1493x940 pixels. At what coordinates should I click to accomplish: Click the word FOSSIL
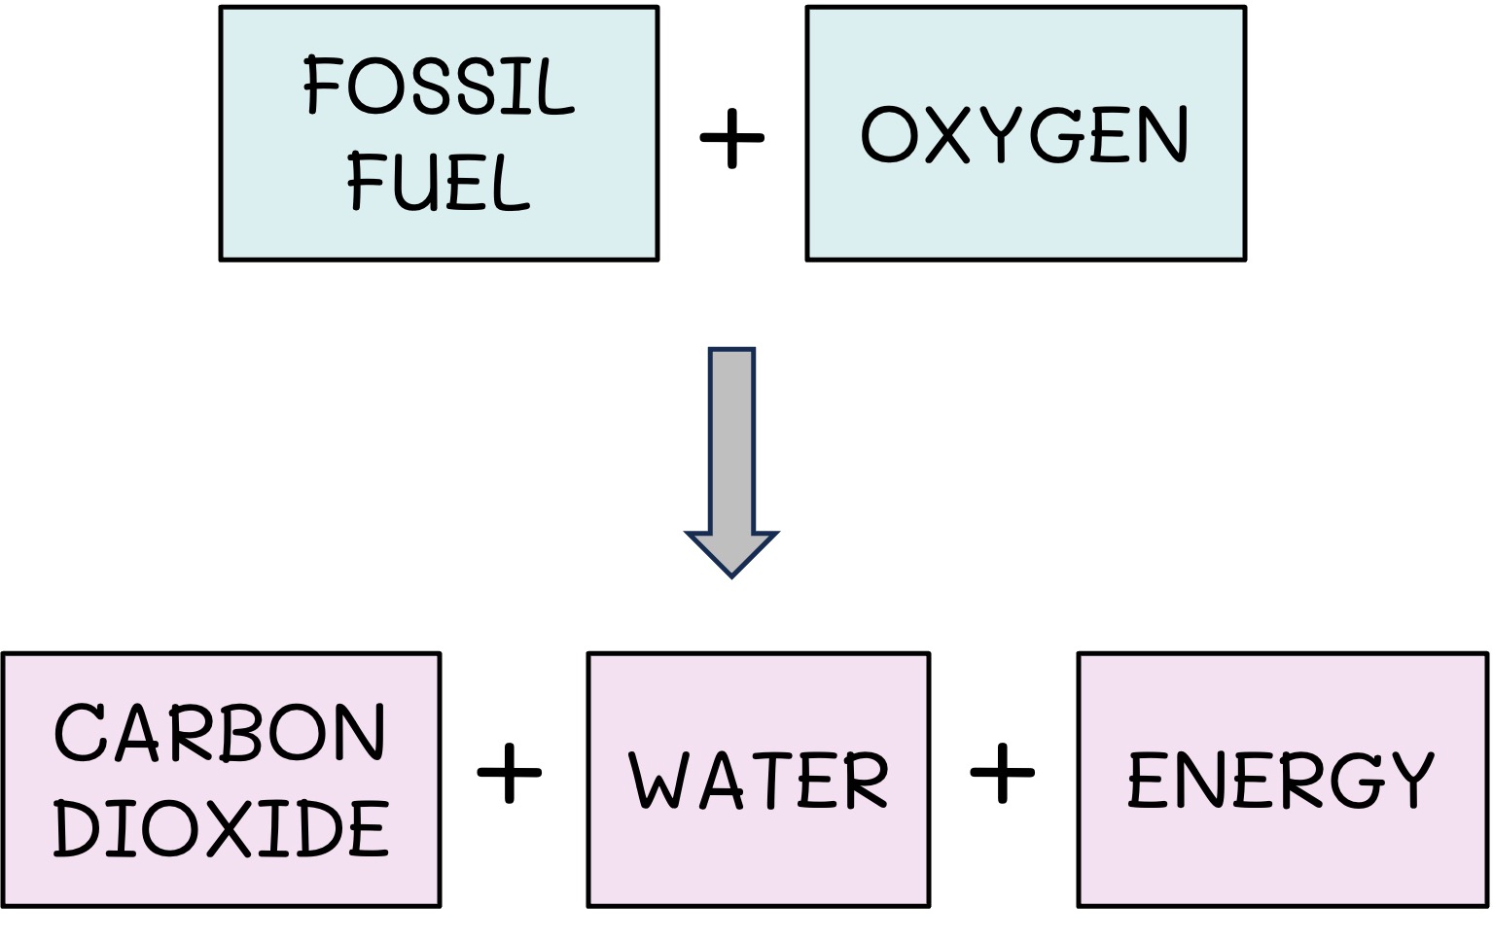click(439, 87)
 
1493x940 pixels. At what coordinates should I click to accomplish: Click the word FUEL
click(439, 183)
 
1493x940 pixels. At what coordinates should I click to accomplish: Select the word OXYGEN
click(1024, 135)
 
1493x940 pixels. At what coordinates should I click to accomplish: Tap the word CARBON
click(220, 733)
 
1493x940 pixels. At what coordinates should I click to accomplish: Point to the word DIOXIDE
click(221, 829)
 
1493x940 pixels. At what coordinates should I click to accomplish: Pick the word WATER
click(759, 781)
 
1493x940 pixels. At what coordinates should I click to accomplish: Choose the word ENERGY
click(1281, 781)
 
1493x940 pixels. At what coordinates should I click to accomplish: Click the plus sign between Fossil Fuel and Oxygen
click(732, 138)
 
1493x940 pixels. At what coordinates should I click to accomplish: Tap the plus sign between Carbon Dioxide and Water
click(510, 775)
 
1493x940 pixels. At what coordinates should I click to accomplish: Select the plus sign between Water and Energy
click(1003, 775)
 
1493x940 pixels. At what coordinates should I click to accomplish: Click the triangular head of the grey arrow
click(732, 551)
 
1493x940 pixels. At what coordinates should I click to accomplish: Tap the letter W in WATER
click(658, 781)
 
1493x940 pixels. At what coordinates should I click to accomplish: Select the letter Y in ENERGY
click(1407, 781)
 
